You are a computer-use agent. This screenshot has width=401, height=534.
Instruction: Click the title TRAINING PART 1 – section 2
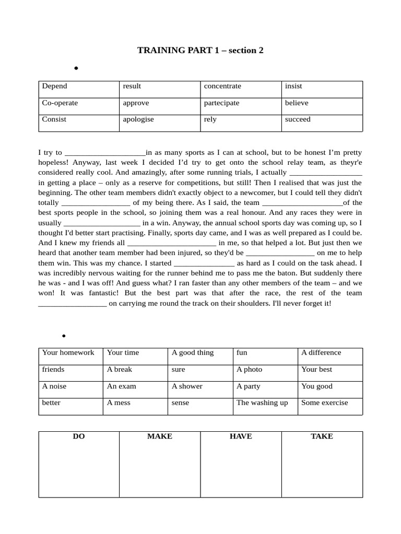200,51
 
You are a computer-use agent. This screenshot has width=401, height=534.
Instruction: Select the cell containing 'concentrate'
222,87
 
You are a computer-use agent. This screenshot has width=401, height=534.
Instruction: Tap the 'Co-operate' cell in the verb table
60,103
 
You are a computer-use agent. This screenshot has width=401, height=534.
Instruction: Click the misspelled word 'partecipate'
221,103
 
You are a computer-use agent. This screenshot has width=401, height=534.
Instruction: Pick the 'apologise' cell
138,119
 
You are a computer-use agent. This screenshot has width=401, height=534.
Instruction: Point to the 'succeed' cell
298,119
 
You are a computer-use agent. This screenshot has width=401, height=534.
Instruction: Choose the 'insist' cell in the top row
293,87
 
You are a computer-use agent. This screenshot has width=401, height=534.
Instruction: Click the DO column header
79,436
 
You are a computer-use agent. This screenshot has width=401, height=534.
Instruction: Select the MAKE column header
160,436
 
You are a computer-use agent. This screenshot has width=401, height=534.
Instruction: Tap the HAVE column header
241,436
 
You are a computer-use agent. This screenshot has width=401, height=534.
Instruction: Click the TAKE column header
322,436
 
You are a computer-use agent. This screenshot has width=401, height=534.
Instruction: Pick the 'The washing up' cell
262,403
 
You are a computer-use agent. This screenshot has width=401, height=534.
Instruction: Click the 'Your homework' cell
68,353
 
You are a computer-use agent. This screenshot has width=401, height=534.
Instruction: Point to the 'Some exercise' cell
324,403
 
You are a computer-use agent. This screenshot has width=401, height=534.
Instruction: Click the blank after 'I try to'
104,153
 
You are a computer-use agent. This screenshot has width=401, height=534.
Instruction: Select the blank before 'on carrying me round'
73,304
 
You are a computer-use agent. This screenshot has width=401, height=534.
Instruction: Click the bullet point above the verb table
76,68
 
